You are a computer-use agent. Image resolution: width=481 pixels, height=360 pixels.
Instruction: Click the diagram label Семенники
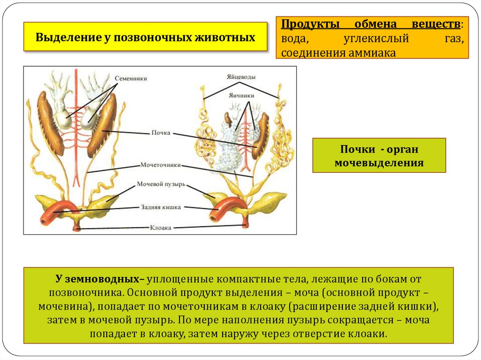pyautogui.click(x=132, y=78)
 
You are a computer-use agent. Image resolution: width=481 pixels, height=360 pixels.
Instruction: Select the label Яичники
pyautogui.click(x=241, y=95)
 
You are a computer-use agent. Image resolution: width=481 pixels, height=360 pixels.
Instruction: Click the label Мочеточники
pyautogui.click(x=161, y=165)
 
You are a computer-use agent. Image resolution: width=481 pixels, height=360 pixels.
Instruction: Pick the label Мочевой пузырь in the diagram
pyautogui.click(x=161, y=184)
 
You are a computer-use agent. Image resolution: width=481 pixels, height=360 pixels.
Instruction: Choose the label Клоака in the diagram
pyautogui.click(x=161, y=228)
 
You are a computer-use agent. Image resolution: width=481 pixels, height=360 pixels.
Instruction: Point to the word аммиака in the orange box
pyautogui.click(x=372, y=53)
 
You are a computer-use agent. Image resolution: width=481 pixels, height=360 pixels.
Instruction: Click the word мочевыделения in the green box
pyautogui.click(x=379, y=163)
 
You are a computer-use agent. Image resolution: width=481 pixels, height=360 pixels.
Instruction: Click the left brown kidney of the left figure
pyautogui.click(x=49, y=123)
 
